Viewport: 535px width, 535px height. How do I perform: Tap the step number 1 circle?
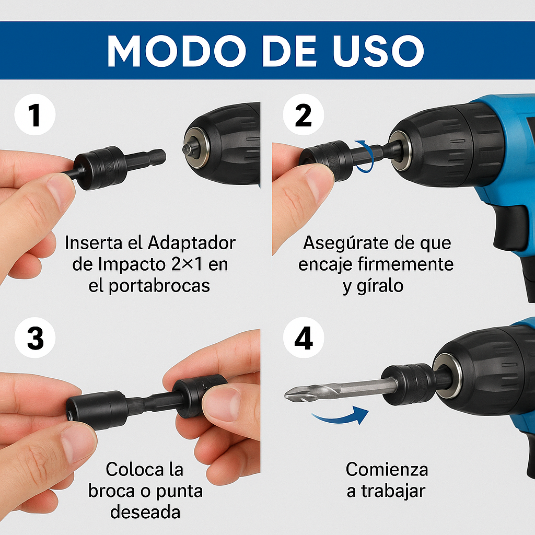[35, 115]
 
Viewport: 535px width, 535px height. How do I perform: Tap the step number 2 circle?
[304, 115]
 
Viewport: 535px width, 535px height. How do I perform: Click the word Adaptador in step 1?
[192, 243]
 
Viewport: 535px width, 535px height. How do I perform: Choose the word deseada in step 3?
[145, 512]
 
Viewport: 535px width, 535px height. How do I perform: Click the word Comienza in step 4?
[387, 469]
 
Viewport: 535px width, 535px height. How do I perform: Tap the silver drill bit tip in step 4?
[296, 393]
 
